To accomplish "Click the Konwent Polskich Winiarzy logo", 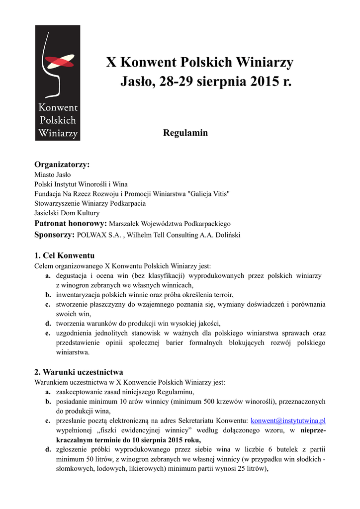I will tap(57, 83).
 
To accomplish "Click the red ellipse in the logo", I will tap(59, 62).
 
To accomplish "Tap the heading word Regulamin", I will tap(185, 133).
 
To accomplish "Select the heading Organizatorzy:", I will tap(62, 165).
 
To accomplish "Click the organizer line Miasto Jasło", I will tap(52, 174).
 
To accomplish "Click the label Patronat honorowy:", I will tap(70, 223).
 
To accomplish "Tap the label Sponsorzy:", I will tap(54, 235).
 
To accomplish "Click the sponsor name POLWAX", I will tap(93, 235).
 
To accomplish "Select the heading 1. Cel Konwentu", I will tap(64, 256).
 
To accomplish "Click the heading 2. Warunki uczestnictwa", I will tap(79, 372).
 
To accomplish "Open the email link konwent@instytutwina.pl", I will tap(288, 421).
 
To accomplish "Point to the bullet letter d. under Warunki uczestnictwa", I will tap(48, 450).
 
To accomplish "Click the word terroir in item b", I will tap(222, 295).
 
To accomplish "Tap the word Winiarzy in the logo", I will tap(58, 133).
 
